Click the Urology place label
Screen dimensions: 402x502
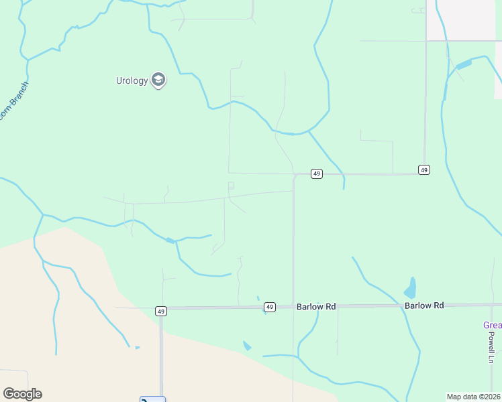click(x=132, y=81)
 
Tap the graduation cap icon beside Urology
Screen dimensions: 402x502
click(x=158, y=80)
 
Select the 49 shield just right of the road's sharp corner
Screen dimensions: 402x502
click(x=317, y=174)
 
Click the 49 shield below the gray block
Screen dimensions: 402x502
click(x=423, y=170)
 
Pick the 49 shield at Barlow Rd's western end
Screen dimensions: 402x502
click(x=160, y=311)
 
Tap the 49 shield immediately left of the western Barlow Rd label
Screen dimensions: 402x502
click(x=269, y=307)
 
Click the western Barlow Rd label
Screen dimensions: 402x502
click(x=315, y=306)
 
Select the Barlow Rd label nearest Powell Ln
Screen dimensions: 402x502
click(x=424, y=306)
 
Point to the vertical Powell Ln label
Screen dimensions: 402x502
click(x=491, y=347)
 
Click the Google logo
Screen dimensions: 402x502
click(x=22, y=394)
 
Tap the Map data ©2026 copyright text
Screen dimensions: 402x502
click(x=474, y=397)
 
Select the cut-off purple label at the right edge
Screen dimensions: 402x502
click(x=493, y=326)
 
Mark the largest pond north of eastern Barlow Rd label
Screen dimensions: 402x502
click(x=410, y=289)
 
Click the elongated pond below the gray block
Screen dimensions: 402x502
click(x=462, y=65)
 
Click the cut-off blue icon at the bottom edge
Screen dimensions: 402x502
click(x=152, y=399)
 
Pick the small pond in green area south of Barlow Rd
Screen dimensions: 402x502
click(x=247, y=346)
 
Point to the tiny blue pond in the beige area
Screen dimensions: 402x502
click(x=137, y=347)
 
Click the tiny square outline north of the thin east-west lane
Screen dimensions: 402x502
click(x=231, y=185)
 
